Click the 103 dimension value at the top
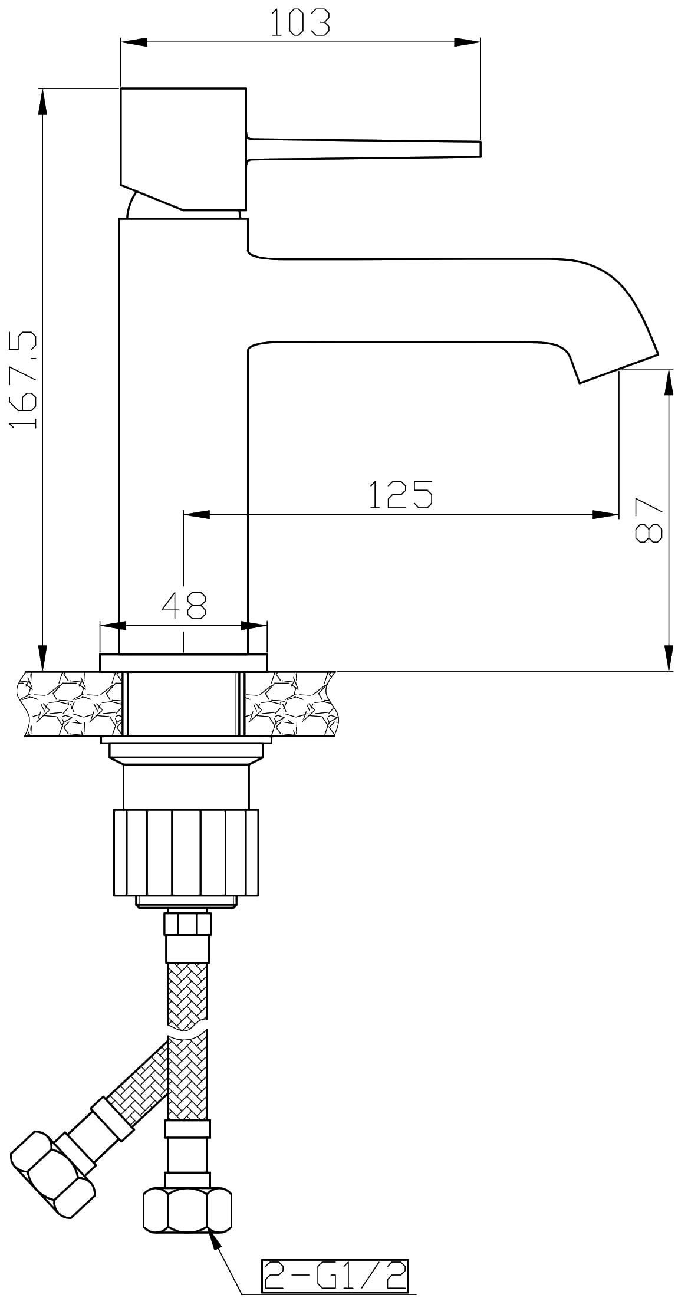tap(300, 23)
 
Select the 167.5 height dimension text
tap(25, 379)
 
